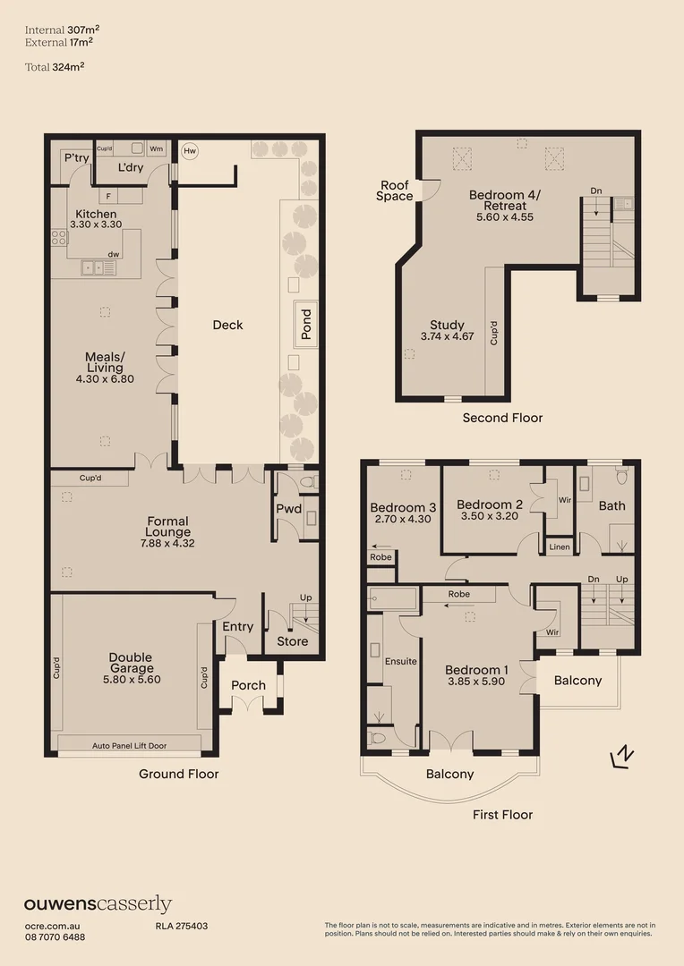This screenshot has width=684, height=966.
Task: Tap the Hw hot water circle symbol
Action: (189, 151)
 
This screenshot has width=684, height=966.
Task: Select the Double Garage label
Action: (132, 662)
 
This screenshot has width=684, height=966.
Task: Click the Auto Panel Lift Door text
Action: (129, 744)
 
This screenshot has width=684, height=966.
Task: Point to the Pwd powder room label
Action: (288, 509)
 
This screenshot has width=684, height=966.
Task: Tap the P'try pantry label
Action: (73, 157)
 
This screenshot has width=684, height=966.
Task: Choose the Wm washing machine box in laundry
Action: (156, 148)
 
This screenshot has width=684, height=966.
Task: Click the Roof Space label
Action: (395, 191)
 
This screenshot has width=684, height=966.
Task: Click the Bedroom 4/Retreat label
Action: (505, 200)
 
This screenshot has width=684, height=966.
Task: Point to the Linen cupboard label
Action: (559, 547)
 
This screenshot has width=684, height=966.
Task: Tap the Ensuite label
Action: (401, 662)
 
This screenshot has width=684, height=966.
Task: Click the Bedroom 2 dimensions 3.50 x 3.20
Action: (489, 516)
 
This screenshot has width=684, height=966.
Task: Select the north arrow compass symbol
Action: (622, 757)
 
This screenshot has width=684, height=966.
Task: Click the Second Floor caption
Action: (502, 418)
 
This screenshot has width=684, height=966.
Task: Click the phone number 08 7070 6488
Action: (55, 936)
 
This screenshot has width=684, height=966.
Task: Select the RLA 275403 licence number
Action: (175, 926)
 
